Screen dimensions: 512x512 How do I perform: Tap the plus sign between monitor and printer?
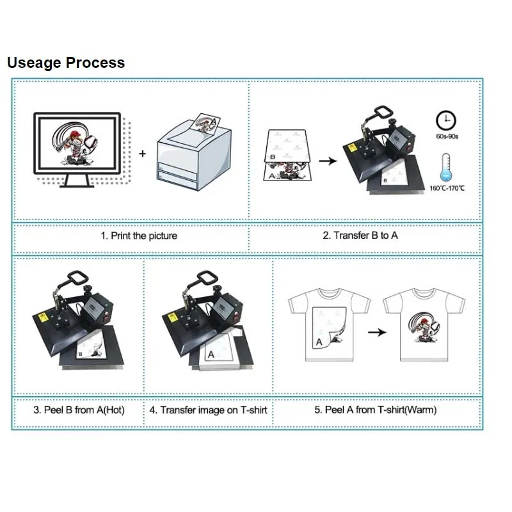click(142, 154)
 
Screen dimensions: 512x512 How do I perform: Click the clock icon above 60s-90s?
click(445, 120)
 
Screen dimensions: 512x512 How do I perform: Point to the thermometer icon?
click(445, 167)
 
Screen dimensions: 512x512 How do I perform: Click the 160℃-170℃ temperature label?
click(446, 188)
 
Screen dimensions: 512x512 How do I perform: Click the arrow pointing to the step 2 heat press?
click(328, 161)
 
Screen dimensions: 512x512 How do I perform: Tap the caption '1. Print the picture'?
click(139, 236)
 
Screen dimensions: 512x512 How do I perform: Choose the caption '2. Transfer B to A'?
click(360, 236)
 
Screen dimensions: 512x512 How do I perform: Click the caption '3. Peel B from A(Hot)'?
click(79, 410)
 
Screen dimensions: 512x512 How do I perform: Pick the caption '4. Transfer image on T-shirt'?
click(209, 410)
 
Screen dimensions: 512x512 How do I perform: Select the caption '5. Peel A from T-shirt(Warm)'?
click(376, 410)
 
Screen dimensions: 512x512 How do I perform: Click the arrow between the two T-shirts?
click(379, 332)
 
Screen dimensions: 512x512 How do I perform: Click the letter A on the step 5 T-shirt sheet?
click(319, 342)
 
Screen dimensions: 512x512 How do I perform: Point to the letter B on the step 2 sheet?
click(273, 156)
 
